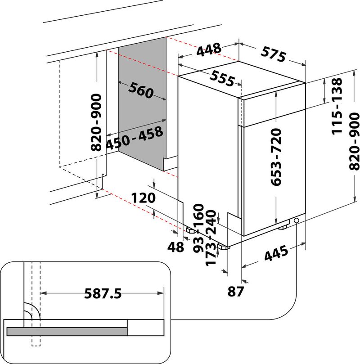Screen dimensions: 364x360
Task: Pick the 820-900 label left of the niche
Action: [x=96, y=122]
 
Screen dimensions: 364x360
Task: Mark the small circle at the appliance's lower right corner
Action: [x=297, y=220]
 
